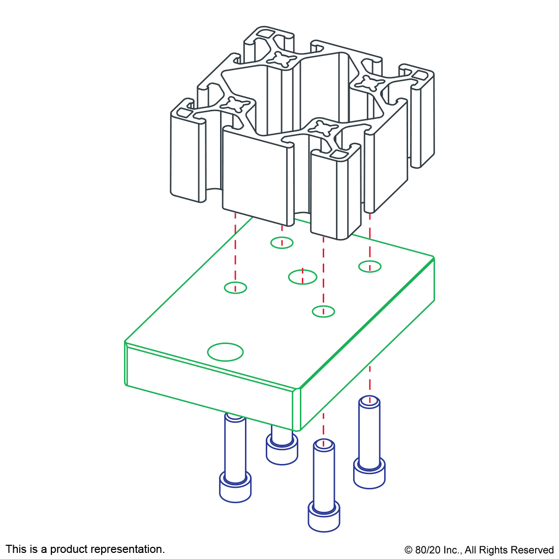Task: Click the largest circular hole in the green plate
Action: [x=225, y=352]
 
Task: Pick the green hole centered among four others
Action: [x=302, y=277]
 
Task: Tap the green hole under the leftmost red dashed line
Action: [x=235, y=288]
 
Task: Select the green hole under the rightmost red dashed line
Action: [x=370, y=266]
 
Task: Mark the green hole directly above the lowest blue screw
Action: [x=323, y=312]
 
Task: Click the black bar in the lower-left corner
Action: [x=85, y=550]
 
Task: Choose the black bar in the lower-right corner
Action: [x=479, y=551]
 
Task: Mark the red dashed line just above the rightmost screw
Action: [x=369, y=379]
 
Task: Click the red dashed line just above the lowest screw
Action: [x=323, y=424]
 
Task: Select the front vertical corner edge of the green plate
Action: [x=297, y=410]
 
